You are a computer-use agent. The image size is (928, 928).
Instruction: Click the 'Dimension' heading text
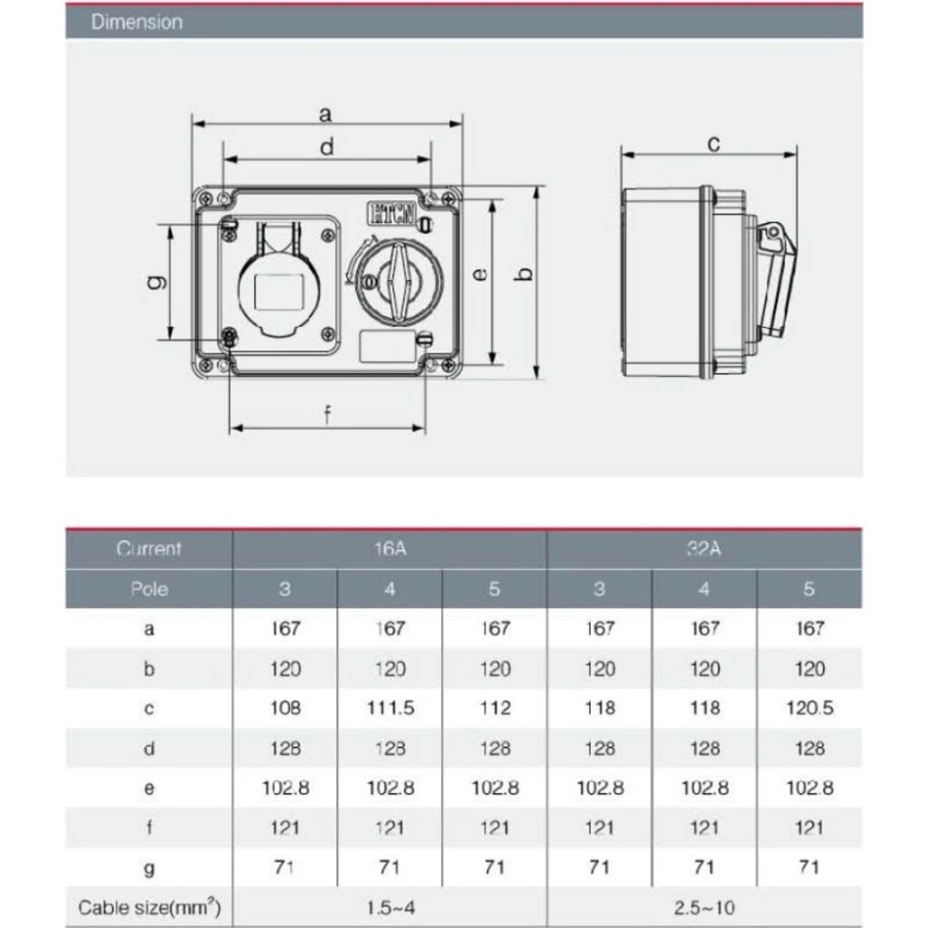click(x=137, y=22)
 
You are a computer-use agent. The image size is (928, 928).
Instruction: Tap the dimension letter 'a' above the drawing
click(x=325, y=113)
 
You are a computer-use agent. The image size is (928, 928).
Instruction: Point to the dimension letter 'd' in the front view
click(x=326, y=146)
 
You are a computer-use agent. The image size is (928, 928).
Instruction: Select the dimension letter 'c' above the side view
click(x=714, y=144)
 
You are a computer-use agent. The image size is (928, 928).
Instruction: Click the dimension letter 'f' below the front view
click(x=327, y=415)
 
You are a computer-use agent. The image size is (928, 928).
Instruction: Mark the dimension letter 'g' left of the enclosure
click(x=157, y=283)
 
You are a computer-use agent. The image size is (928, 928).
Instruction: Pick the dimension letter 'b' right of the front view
click(x=525, y=274)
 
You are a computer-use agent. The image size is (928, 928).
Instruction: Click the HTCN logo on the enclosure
click(x=391, y=213)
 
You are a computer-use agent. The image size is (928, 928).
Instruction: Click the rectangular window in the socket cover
click(x=279, y=293)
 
